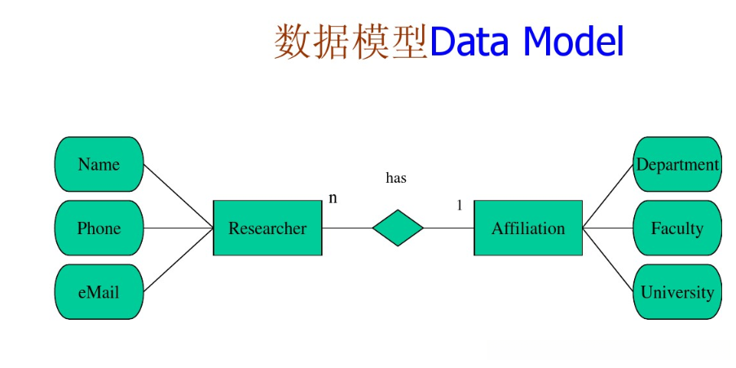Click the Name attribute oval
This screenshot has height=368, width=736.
click(x=99, y=164)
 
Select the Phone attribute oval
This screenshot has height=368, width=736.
click(x=99, y=228)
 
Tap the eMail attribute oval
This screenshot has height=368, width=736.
click(x=99, y=292)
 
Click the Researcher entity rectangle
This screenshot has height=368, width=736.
click(x=267, y=228)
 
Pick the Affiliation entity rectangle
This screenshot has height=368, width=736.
click(x=528, y=228)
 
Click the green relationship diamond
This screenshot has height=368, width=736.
click(x=398, y=228)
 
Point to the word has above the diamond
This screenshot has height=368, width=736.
click(x=396, y=178)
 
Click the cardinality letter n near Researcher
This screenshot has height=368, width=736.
click(x=333, y=198)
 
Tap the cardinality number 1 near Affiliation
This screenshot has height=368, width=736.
click(x=460, y=206)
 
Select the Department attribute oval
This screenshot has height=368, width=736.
click(x=677, y=164)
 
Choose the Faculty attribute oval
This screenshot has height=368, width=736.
click(x=677, y=228)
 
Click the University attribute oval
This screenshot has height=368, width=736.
click(x=677, y=292)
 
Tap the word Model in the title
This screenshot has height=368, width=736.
click(x=573, y=41)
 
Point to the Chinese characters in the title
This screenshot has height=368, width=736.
click(x=350, y=42)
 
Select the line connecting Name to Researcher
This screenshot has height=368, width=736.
click(x=178, y=196)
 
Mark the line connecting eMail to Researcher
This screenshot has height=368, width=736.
click(x=178, y=260)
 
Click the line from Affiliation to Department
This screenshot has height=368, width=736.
click(x=608, y=196)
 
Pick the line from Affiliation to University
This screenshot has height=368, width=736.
click(x=608, y=260)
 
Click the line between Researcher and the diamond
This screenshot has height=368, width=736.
click(x=347, y=228)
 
